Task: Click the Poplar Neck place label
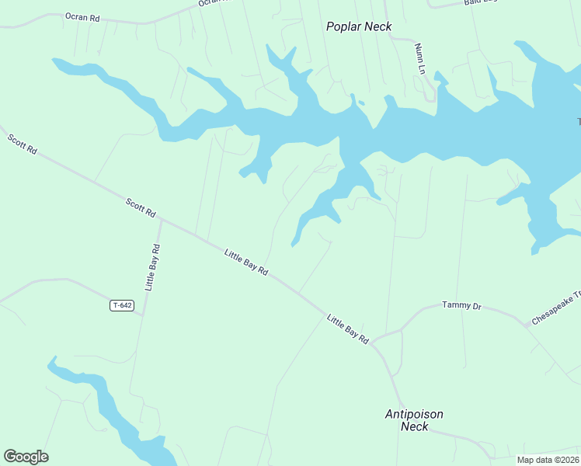[x=359, y=26]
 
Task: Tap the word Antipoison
[x=414, y=414]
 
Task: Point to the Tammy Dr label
[x=461, y=306]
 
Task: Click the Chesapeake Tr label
[x=556, y=308]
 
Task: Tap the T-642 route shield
[x=122, y=306]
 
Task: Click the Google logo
[x=26, y=457]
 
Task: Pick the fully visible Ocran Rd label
[x=82, y=16]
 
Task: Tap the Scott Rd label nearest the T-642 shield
[x=141, y=207]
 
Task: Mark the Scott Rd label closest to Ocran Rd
[x=23, y=144]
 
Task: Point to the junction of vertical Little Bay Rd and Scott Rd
[x=161, y=220]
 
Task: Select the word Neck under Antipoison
[x=414, y=426]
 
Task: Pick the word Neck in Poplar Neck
[x=377, y=26]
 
